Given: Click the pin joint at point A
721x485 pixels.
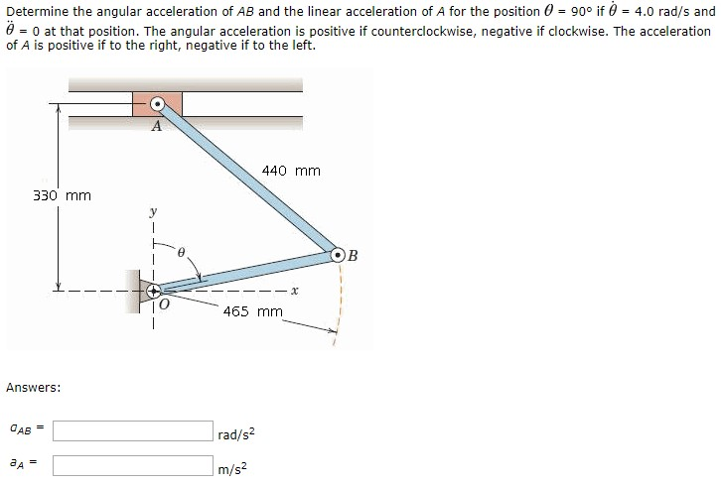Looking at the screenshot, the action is pos(157,104).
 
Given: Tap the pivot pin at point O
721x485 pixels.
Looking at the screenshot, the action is pos(155,291).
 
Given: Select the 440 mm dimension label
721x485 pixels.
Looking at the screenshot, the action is pos(291,171).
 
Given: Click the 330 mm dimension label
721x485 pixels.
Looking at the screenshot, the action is pos(62,195).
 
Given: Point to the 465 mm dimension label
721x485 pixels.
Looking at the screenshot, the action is pos(252,311).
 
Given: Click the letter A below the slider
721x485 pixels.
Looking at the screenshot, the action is pos(156,127).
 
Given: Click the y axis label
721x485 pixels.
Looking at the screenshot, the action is pos(154,211).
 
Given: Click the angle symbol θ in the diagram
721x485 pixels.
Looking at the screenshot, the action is pos(181,254).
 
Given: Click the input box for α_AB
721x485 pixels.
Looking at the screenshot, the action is pos(132,430).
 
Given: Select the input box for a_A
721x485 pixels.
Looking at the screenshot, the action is pos(132,464).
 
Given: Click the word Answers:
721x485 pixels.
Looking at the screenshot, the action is pos(34,386).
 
